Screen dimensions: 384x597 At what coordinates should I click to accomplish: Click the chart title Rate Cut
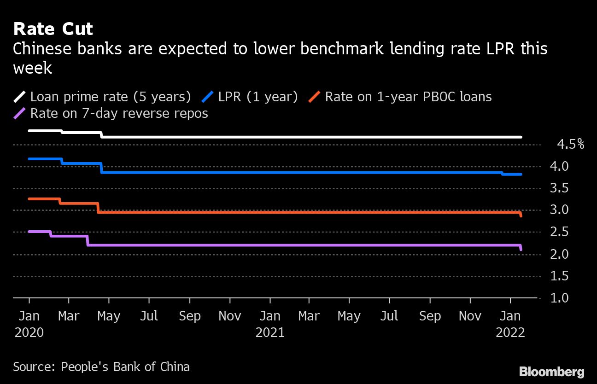pos(53,29)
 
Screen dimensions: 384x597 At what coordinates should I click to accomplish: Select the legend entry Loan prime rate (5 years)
pos(110,97)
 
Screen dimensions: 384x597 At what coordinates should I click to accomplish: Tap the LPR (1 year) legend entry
pos(258,97)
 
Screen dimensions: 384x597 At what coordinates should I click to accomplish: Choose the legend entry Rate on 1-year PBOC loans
pos(408,97)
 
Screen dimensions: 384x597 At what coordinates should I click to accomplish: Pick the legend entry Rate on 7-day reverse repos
pos(119,113)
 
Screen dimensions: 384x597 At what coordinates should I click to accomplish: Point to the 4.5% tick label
pos(570,145)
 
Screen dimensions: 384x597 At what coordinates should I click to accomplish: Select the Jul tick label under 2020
pos(148,316)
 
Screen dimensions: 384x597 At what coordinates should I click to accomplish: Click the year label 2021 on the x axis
pos(270,332)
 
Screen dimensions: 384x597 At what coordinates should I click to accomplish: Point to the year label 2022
pos(510,332)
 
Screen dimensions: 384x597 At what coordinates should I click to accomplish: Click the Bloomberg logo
pos(551,372)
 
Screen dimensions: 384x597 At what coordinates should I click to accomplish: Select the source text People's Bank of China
pos(125,367)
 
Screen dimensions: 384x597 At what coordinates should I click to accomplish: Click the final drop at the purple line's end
pos(521,248)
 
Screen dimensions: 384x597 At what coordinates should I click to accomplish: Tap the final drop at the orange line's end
pos(521,214)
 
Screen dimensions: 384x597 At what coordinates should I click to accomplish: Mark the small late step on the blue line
pos(502,174)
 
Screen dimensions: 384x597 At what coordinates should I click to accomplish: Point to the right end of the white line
pos(521,137)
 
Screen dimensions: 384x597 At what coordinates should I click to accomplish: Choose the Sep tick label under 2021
pos(430,316)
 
